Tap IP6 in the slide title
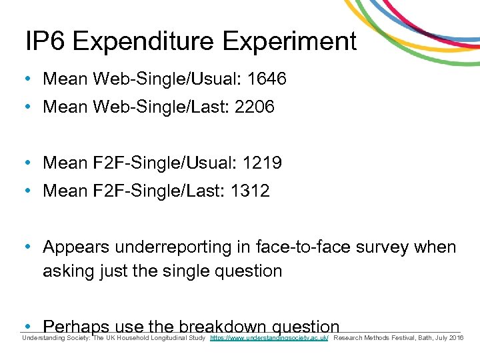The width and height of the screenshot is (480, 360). coord(45,41)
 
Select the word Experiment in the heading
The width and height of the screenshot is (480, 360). coord(289,41)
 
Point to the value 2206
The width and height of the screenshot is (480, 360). coord(255,107)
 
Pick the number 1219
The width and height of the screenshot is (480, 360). coord(262,163)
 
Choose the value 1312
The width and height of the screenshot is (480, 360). coord(250,191)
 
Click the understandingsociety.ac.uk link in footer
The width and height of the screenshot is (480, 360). coord(269,339)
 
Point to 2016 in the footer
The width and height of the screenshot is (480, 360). coord(457,339)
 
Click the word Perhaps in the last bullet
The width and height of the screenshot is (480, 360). coord(76,327)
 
